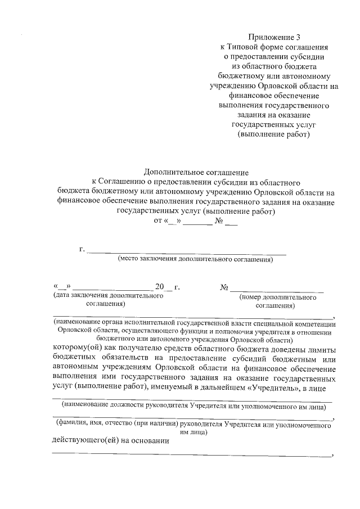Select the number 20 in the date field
click(160, 287)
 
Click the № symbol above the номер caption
click(224, 287)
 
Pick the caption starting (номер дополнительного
click(277, 296)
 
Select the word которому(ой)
click(76, 347)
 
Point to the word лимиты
click(322, 347)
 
